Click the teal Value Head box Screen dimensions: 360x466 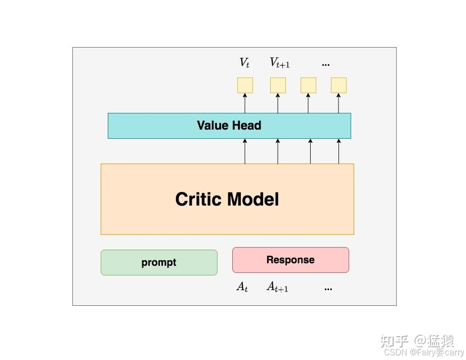coord(229,126)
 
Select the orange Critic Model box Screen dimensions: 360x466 coord(227,199)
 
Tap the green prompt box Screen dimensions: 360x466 coord(159,262)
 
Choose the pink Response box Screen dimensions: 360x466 coord(290,260)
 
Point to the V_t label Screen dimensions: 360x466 coord(244,63)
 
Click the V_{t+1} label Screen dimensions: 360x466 coord(279,63)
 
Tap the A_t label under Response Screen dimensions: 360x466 coord(242,287)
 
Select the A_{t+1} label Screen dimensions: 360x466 coord(277,287)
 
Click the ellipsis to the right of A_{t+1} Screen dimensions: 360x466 coord(328,289)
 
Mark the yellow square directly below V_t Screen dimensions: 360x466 coord(245,85)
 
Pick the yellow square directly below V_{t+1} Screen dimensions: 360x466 coord(278,85)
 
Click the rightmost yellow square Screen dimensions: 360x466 coord(338,85)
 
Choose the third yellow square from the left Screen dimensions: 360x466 coord(308,85)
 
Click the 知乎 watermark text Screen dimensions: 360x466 coord(394,341)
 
